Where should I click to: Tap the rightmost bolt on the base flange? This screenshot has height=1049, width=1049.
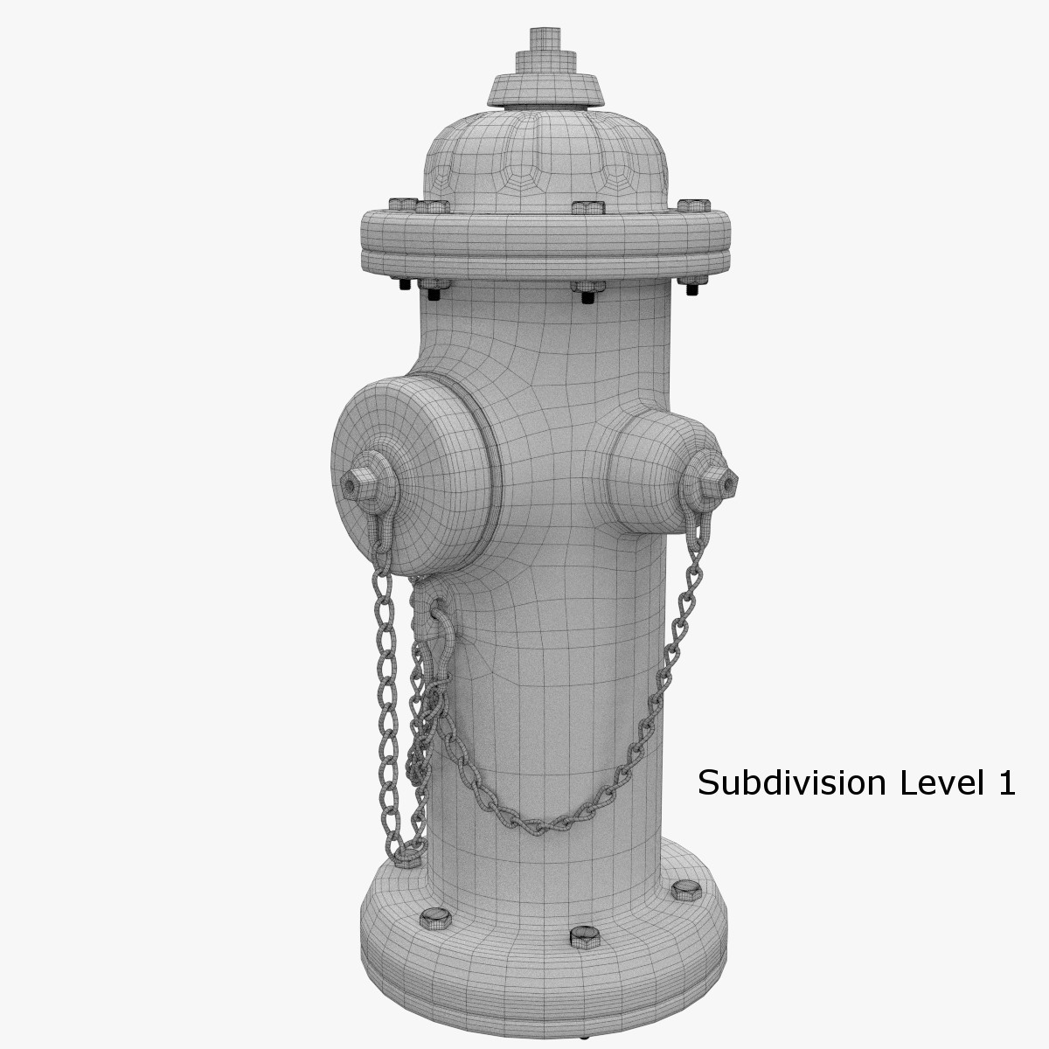[x=684, y=891]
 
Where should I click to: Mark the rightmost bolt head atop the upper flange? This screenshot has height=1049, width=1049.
[x=693, y=205]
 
